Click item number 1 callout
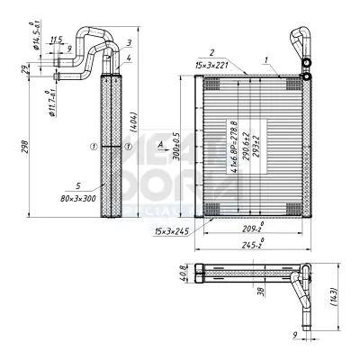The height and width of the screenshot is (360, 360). pos(266,58)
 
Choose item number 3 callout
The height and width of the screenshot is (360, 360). pos(130,41)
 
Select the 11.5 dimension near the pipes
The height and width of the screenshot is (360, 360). pos(56,40)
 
